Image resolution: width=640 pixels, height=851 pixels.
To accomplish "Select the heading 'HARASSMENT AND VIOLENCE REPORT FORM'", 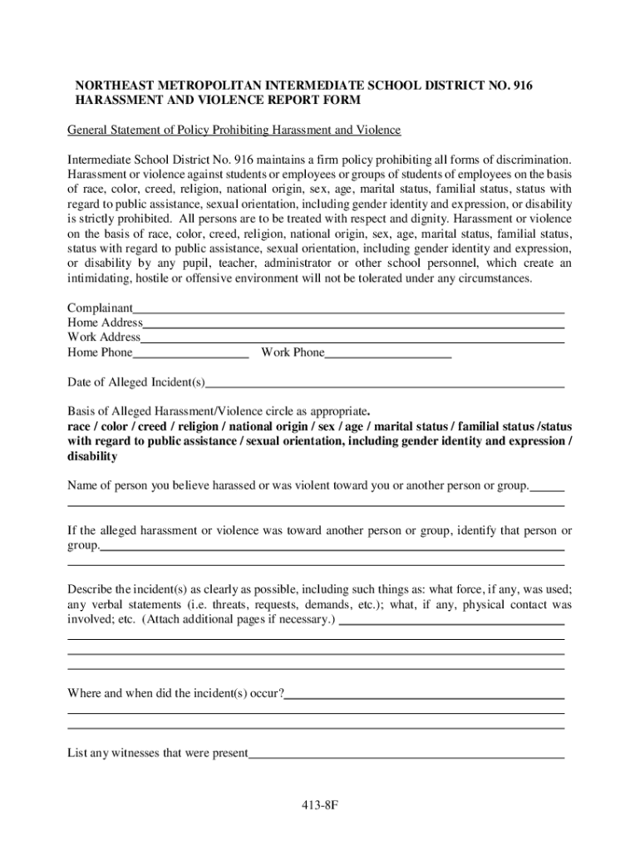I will coord(218,101).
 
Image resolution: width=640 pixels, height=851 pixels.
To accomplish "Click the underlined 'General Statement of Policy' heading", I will coord(234,130).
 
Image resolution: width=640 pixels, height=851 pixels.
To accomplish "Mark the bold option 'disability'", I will coord(92,456).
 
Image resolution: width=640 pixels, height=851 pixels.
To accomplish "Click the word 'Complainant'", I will coord(100,307).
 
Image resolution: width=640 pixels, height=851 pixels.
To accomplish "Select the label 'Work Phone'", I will coord(293,353).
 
